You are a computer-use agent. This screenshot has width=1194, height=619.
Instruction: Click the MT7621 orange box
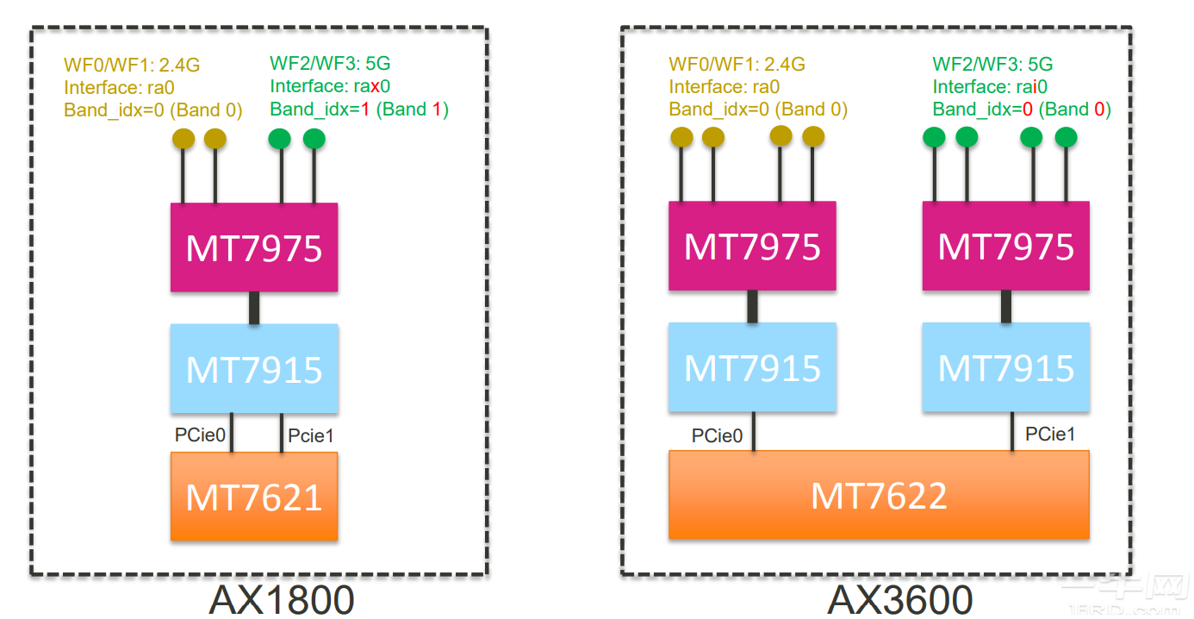[x=254, y=497]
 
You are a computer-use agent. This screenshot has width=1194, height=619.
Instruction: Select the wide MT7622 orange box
[x=879, y=495]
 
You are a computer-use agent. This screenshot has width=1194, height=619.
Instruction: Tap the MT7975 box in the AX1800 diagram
[x=254, y=247]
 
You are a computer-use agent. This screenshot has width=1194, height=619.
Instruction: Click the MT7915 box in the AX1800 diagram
[x=254, y=369]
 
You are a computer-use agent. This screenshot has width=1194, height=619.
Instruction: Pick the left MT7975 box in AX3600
[x=752, y=246]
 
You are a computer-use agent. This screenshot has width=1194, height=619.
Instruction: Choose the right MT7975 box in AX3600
[x=1005, y=246]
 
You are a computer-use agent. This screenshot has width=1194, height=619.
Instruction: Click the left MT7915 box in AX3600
[x=752, y=367]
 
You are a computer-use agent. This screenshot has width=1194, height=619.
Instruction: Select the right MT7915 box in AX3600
[x=1005, y=367]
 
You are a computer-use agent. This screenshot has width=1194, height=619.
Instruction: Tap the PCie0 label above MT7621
[x=200, y=435]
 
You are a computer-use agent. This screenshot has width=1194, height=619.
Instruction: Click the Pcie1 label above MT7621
[x=311, y=436]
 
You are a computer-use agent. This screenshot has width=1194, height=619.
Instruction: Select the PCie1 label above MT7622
[x=1050, y=434]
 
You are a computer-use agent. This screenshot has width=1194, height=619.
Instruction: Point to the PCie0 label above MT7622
[x=717, y=435]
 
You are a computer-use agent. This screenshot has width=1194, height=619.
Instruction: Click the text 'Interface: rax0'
[x=330, y=86]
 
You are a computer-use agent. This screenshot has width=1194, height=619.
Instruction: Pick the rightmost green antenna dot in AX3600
[x=1067, y=136]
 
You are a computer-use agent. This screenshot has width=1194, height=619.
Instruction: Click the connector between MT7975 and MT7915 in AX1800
[x=254, y=308]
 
